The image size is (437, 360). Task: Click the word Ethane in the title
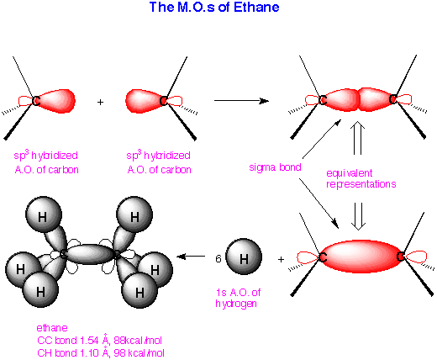(x=256, y=7)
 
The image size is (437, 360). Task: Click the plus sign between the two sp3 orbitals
(x=100, y=102)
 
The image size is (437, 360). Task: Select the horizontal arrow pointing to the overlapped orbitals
(x=241, y=101)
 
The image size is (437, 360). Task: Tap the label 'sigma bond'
(x=275, y=167)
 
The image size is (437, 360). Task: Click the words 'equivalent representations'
(x=361, y=178)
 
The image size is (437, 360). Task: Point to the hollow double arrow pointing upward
(x=357, y=138)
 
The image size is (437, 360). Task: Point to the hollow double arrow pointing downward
(x=358, y=216)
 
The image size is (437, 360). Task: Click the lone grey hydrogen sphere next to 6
(x=244, y=257)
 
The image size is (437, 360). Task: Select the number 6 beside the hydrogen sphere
(x=218, y=258)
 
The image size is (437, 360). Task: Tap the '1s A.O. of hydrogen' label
(x=238, y=298)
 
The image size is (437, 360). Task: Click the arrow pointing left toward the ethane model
(x=191, y=257)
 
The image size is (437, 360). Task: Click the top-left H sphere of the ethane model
(x=43, y=214)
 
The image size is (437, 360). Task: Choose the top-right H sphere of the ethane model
(x=134, y=214)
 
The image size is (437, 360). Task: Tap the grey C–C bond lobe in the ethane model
(x=90, y=254)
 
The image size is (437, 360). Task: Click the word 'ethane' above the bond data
(x=52, y=328)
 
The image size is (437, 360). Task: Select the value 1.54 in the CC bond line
(x=89, y=341)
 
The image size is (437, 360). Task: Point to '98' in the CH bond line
(x=119, y=353)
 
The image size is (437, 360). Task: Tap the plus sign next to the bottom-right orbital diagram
(x=281, y=260)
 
